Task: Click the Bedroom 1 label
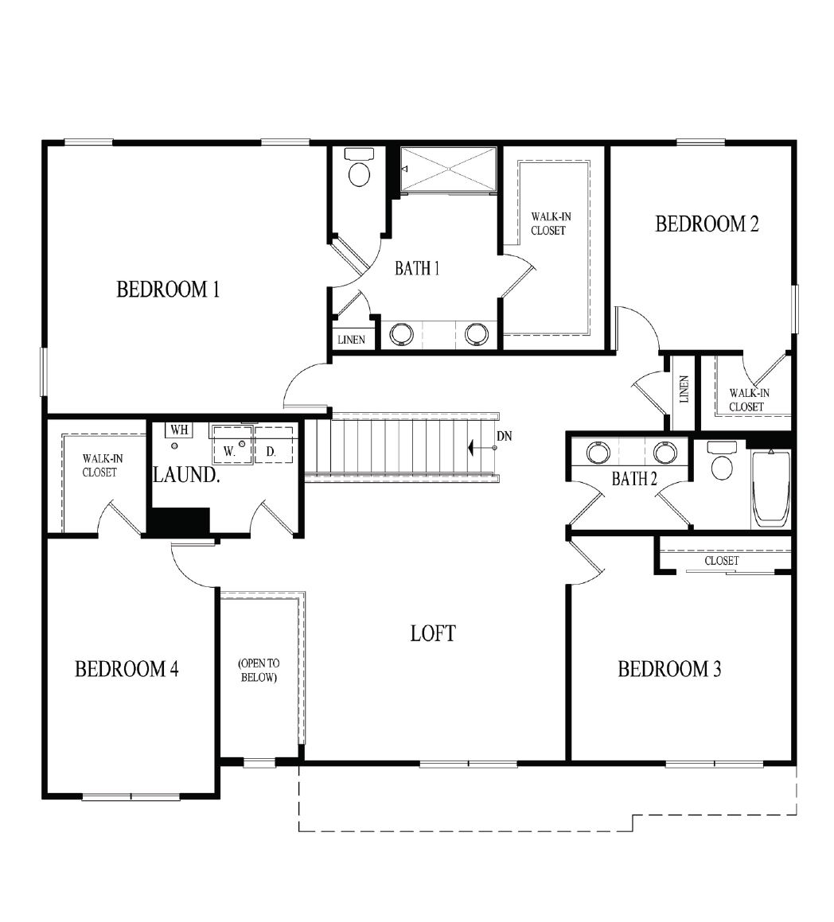click(168, 290)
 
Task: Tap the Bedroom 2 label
click(707, 224)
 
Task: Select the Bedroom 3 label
click(669, 669)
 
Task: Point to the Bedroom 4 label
click(127, 669)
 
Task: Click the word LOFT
click(433, 633)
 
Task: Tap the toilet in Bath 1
click(360, 167)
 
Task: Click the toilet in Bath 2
click(722, 461)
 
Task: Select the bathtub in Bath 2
click(771, 487)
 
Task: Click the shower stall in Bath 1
click(448, 169)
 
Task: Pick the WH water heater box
click(179, 430)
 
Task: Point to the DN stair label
click(504, 436)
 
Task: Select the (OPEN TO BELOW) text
click(259, 671)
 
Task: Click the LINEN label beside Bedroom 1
click(351, 340)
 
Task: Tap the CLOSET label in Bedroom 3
click(722, 561)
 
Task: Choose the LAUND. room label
click(186, 475)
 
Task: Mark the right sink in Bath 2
click(665, 452)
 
